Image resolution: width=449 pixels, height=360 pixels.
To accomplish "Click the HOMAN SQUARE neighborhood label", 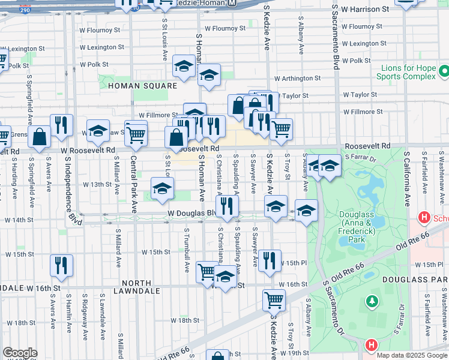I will pyautogui.click(x=143, y=86).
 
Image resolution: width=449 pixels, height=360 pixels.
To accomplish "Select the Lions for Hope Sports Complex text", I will pyautogui.click(x=406, y=72).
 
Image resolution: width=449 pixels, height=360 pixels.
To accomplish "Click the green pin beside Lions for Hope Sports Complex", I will pyautogui.click(x=444, y=72).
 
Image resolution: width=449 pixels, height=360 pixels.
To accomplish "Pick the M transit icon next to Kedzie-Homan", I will pyautogui.click(x=232, y=4).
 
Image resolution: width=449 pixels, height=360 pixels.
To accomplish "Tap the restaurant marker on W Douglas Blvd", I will pyautogui.click(x=227, y=206).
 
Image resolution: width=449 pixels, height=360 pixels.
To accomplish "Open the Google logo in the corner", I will pyautogui.click(x=20, y=353).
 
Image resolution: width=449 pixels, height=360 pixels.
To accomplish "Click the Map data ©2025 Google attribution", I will pyautogui.click(x=412, y=355).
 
